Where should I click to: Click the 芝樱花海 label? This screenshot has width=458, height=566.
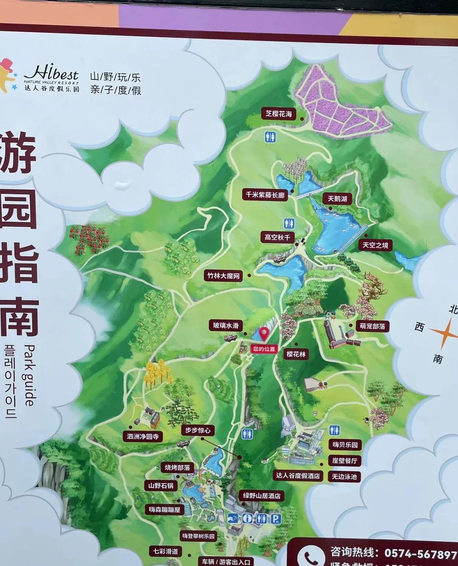coord(279,114)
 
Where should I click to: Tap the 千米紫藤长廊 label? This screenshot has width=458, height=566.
coord(265,195)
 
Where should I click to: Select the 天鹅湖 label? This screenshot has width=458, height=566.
coord(337,199)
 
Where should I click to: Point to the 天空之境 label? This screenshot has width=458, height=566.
coord(375,245)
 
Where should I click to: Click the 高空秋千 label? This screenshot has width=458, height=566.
coord(277,237)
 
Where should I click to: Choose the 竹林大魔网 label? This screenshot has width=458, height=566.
coord(223,276)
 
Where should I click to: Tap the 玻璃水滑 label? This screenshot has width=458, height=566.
coord(226,325)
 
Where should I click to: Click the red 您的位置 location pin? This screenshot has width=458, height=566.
coord(265,333)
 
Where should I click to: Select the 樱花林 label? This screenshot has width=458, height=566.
coord(296,354)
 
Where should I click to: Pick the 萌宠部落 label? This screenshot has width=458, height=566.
coord(372,326)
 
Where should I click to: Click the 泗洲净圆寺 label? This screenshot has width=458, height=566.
coord(142,436)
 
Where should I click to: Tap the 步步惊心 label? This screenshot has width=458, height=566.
coord(197,430)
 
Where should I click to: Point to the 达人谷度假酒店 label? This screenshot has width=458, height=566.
coord(298,476)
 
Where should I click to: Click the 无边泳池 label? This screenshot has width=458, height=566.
coord(344,476)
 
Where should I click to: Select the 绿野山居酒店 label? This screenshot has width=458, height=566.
coord(261,495)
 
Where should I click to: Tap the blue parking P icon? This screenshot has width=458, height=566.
coord(276,518)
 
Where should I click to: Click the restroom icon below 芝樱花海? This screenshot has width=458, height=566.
coord(271,136)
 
